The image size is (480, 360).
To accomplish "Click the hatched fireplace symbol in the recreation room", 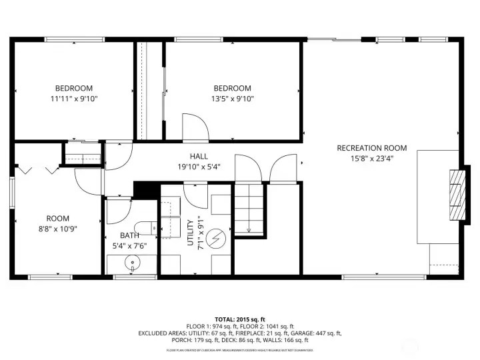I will coord(455,195).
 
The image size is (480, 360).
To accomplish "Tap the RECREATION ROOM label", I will coord(371,148).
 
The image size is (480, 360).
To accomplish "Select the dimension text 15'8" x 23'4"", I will coord(371,159).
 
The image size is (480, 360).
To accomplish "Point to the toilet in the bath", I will coord(144,227).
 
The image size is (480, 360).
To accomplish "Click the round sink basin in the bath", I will coord(133,263).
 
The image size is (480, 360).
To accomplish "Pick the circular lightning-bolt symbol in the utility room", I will coord(216,237).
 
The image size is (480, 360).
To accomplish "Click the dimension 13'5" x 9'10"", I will coord(232,99).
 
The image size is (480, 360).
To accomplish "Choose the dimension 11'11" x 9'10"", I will coord(73,99).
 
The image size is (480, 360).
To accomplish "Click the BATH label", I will coord(129,235).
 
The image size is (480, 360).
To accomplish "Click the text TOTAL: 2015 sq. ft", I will coord(239,319).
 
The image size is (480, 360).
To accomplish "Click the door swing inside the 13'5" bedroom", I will coord(193,127).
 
